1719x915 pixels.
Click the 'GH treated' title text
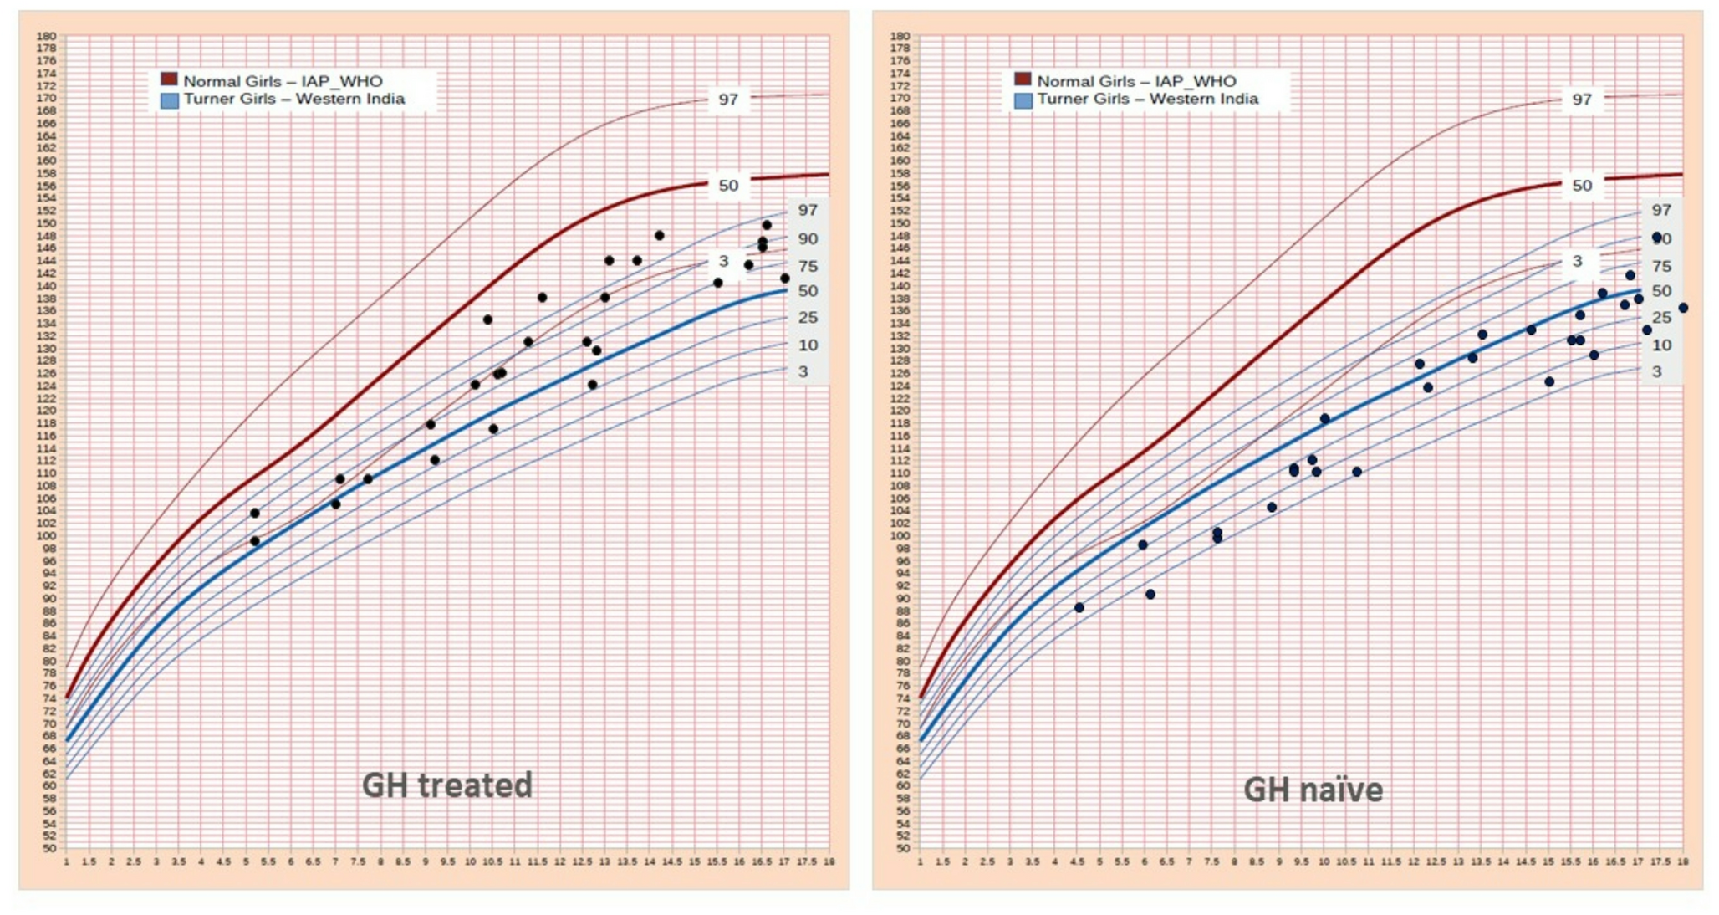click(446, 785)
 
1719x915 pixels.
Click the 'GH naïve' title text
click(1313, 790)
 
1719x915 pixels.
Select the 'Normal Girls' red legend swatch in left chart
click(169, 79)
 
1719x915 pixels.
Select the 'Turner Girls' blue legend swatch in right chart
click(1023, 100)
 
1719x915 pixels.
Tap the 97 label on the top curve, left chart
click(728, 100)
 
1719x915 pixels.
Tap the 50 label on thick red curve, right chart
click(1582, 186)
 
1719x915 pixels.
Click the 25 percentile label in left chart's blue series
click(808, 318)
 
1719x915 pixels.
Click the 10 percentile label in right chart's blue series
click(1661, 345)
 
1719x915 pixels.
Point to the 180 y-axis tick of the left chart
click(46, 36)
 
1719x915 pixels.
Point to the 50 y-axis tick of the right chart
click(900, 848)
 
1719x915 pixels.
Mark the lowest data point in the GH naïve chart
click(1079, 607)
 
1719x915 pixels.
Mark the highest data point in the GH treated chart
click(767, 225)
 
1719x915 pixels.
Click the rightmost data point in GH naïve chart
click(1683, 308)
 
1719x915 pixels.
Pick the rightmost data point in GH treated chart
click(784, 279)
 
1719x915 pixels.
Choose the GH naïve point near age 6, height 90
click(1150, 594)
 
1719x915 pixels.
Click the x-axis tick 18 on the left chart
click(829, 861)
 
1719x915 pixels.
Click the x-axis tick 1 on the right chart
click(921, 861)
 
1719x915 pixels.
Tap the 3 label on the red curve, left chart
click(723, 261)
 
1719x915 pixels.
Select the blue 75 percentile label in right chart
click(1661, 266)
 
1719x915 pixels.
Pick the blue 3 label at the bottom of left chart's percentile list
click(803, 371)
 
